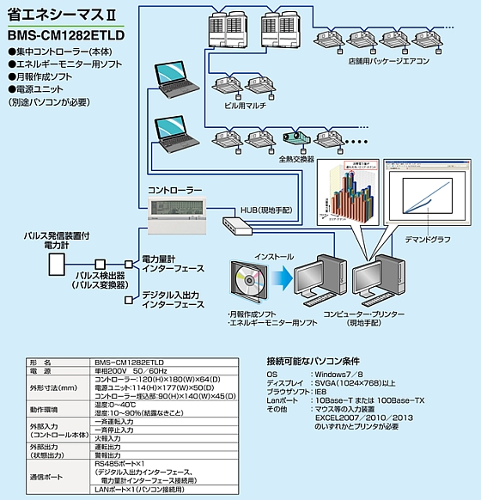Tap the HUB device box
[236, 225]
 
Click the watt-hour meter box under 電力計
[58, 263]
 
